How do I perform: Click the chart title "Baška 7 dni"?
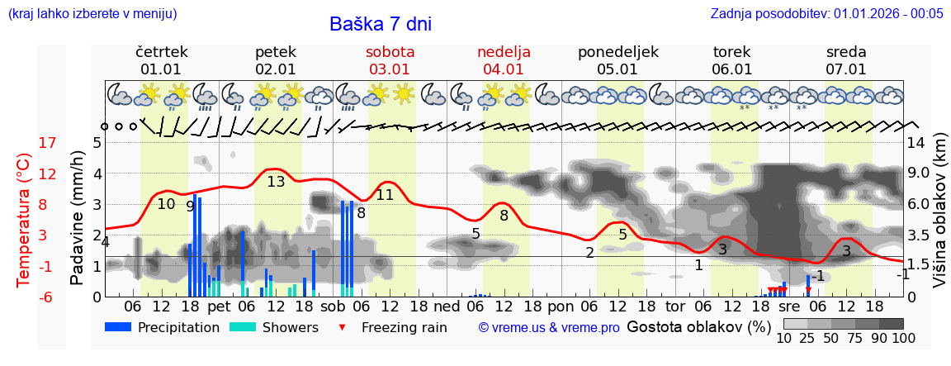(380, 24)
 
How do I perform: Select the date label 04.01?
(504, 69)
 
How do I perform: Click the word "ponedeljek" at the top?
(617, 52)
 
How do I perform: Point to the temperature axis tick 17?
(48, 143)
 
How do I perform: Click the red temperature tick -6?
(47, 297)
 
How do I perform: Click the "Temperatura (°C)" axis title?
(24, 221)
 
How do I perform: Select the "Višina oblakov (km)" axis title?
(940, 219)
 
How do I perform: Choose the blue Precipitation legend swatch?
(118, 327)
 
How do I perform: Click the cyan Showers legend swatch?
(242, 327)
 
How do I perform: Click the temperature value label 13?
(276, 181)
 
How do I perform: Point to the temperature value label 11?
(385, 195)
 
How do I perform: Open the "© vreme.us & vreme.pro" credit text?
(549, 327)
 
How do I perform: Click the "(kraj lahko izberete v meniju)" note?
(92, 13)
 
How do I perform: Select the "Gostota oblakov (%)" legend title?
(699, 326)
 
